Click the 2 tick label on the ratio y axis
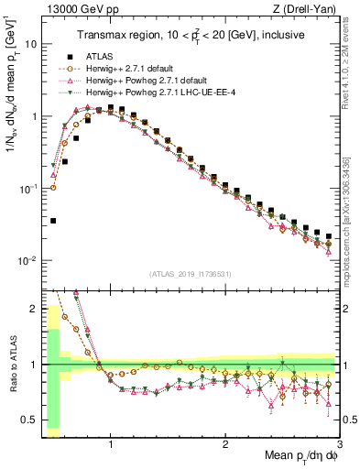(32, 309)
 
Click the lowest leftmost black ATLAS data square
(53, 221)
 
